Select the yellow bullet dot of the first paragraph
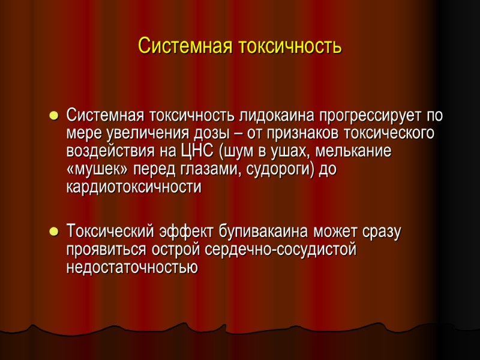point(53,115)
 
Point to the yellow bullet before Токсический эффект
point(53,231)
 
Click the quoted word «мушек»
point(96,169)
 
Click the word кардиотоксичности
point(134,187)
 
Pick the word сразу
point(380,230)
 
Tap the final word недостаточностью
point(132,267)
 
